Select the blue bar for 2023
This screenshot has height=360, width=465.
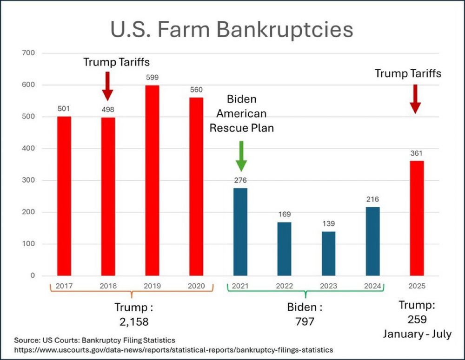pyautogui.click(x=329, y=253)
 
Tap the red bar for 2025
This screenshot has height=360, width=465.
pyautogui.click(x=417, y=218)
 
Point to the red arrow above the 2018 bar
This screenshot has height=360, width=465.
pyautogui.click(x=107, y=86)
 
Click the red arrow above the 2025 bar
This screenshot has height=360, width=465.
pyautogui.click(x=416, y=99)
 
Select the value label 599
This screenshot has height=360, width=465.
pyautogui.click(x=152, y=78)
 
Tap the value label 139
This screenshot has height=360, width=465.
pyautogui.click(x=329, y=223)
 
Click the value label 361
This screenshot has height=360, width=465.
pyautogui.click(x=417, y=153)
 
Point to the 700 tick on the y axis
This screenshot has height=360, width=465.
pyautogui.click(x=29, y=53)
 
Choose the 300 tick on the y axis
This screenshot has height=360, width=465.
pyautogui.click(x=29, y=180)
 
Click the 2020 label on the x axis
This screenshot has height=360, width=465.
pyautogui.click(x=196, y=286)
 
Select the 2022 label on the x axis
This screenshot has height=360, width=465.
pyautogui.click(x=285, y=286)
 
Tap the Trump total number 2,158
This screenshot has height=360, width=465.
pyautogui.click(x=133, y=321)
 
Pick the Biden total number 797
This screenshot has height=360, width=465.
pyautogui.click(x=305, y=321)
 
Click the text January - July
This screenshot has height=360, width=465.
pyautogui.click(x=417, y=334)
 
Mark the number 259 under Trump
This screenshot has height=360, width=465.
pyautogui.click(x=417, y=320)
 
